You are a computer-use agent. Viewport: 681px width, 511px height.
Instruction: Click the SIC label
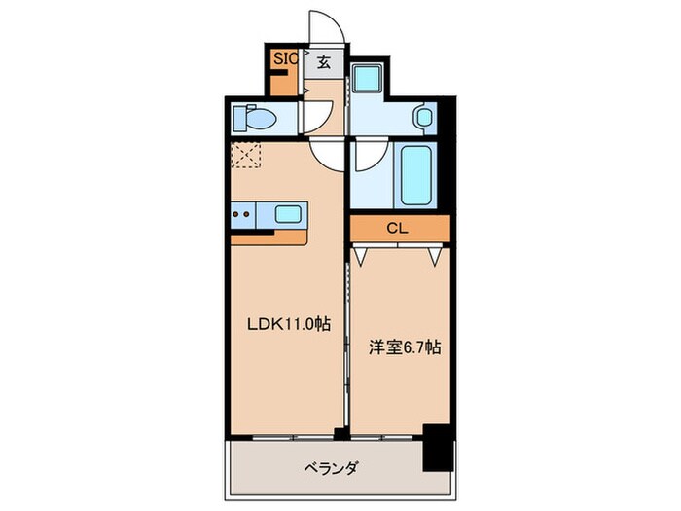tap(285, 59)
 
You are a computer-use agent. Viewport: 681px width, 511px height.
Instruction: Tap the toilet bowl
tap(261, 118)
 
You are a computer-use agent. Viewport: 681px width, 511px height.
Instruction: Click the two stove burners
tap(242, 213)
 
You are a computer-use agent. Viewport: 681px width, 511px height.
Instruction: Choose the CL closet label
tap(396, 230)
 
